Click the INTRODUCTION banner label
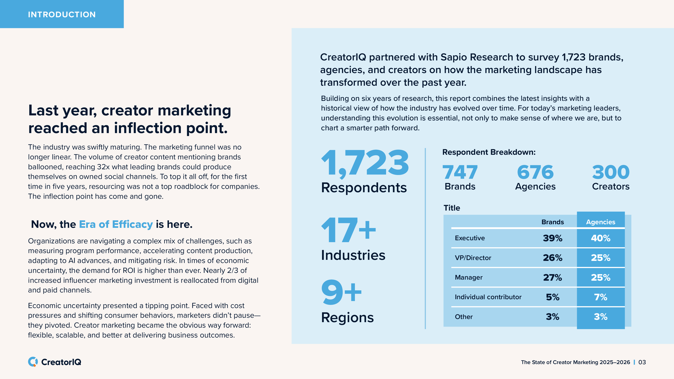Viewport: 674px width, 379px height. (62, 14)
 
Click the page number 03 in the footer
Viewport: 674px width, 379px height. (642, 362)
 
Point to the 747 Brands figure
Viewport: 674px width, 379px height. (460, 172)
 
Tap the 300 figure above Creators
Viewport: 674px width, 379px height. (611, 172)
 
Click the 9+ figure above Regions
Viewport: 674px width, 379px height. (341, 292)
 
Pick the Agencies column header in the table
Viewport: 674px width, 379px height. (600, 222)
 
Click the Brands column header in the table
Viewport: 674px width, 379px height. (552, 222)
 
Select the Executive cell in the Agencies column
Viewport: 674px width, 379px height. (600, 238)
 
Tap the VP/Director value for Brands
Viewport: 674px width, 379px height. (552, 258)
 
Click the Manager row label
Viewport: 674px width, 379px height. (468, 277)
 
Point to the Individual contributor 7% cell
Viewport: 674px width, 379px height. (600, 297)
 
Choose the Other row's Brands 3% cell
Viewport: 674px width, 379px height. (552, 316)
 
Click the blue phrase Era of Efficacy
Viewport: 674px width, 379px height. (116, 224)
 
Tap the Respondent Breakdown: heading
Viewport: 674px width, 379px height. (489, 152)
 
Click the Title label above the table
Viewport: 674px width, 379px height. (452, 208)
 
